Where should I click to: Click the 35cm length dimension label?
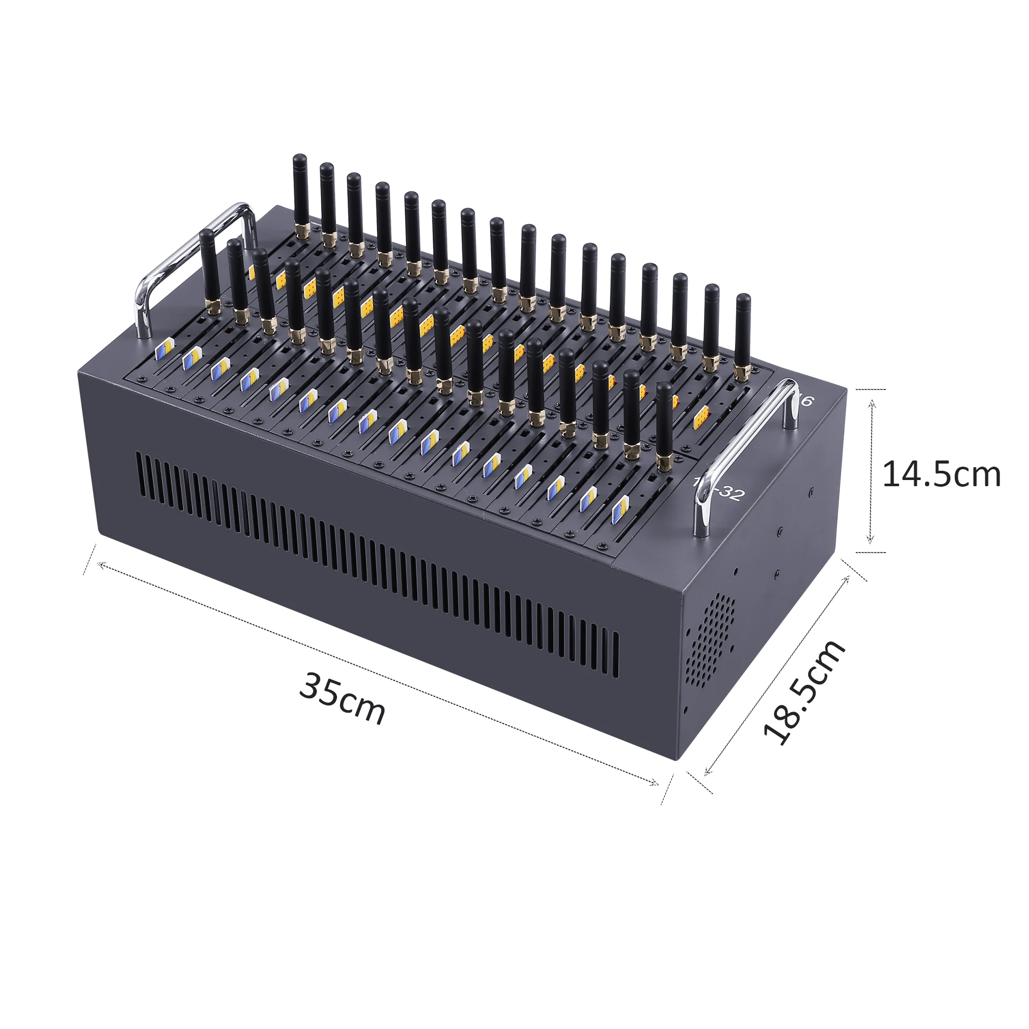[342, 698]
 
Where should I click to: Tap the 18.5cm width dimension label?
[804, 693]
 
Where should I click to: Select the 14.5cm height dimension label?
[941, 474]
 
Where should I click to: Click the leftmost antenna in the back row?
[300, 192]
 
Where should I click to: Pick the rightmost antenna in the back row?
[742, 333]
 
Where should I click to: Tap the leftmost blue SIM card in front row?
[162, 350]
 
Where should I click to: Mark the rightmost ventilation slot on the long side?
[617, 655]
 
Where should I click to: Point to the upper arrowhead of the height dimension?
[872, 404]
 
